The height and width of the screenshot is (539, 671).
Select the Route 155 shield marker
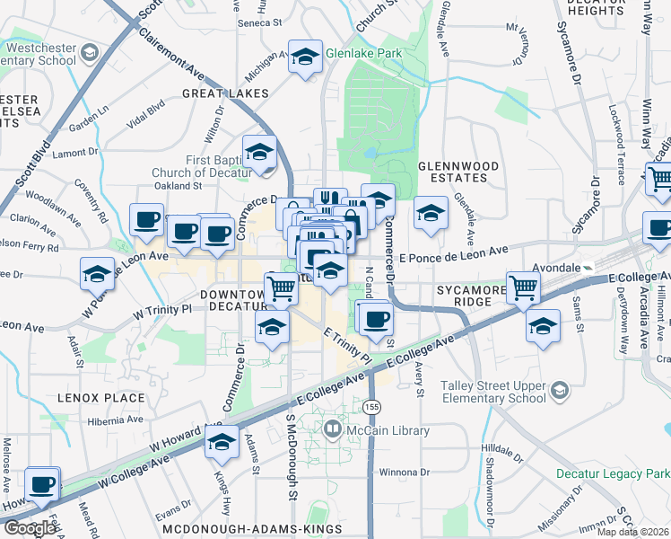tap(371, 408)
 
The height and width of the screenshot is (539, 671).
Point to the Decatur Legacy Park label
tap(620, 473)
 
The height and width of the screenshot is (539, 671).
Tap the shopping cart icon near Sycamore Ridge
tap(523, 288)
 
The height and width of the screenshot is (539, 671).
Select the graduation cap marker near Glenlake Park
tap(304, 57)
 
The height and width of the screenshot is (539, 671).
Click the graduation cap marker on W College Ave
tap(221, 442)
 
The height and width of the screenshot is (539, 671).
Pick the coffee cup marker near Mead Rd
tap(41, 484)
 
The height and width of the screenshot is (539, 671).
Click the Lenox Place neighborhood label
tap(100, 397)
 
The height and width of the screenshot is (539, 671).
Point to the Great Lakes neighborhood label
tap(225, 93)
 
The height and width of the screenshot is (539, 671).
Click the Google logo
tap(30, 528)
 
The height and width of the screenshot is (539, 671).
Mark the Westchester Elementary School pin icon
tap(88, 54)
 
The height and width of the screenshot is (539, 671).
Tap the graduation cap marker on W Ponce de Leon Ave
tap(97, 274)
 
